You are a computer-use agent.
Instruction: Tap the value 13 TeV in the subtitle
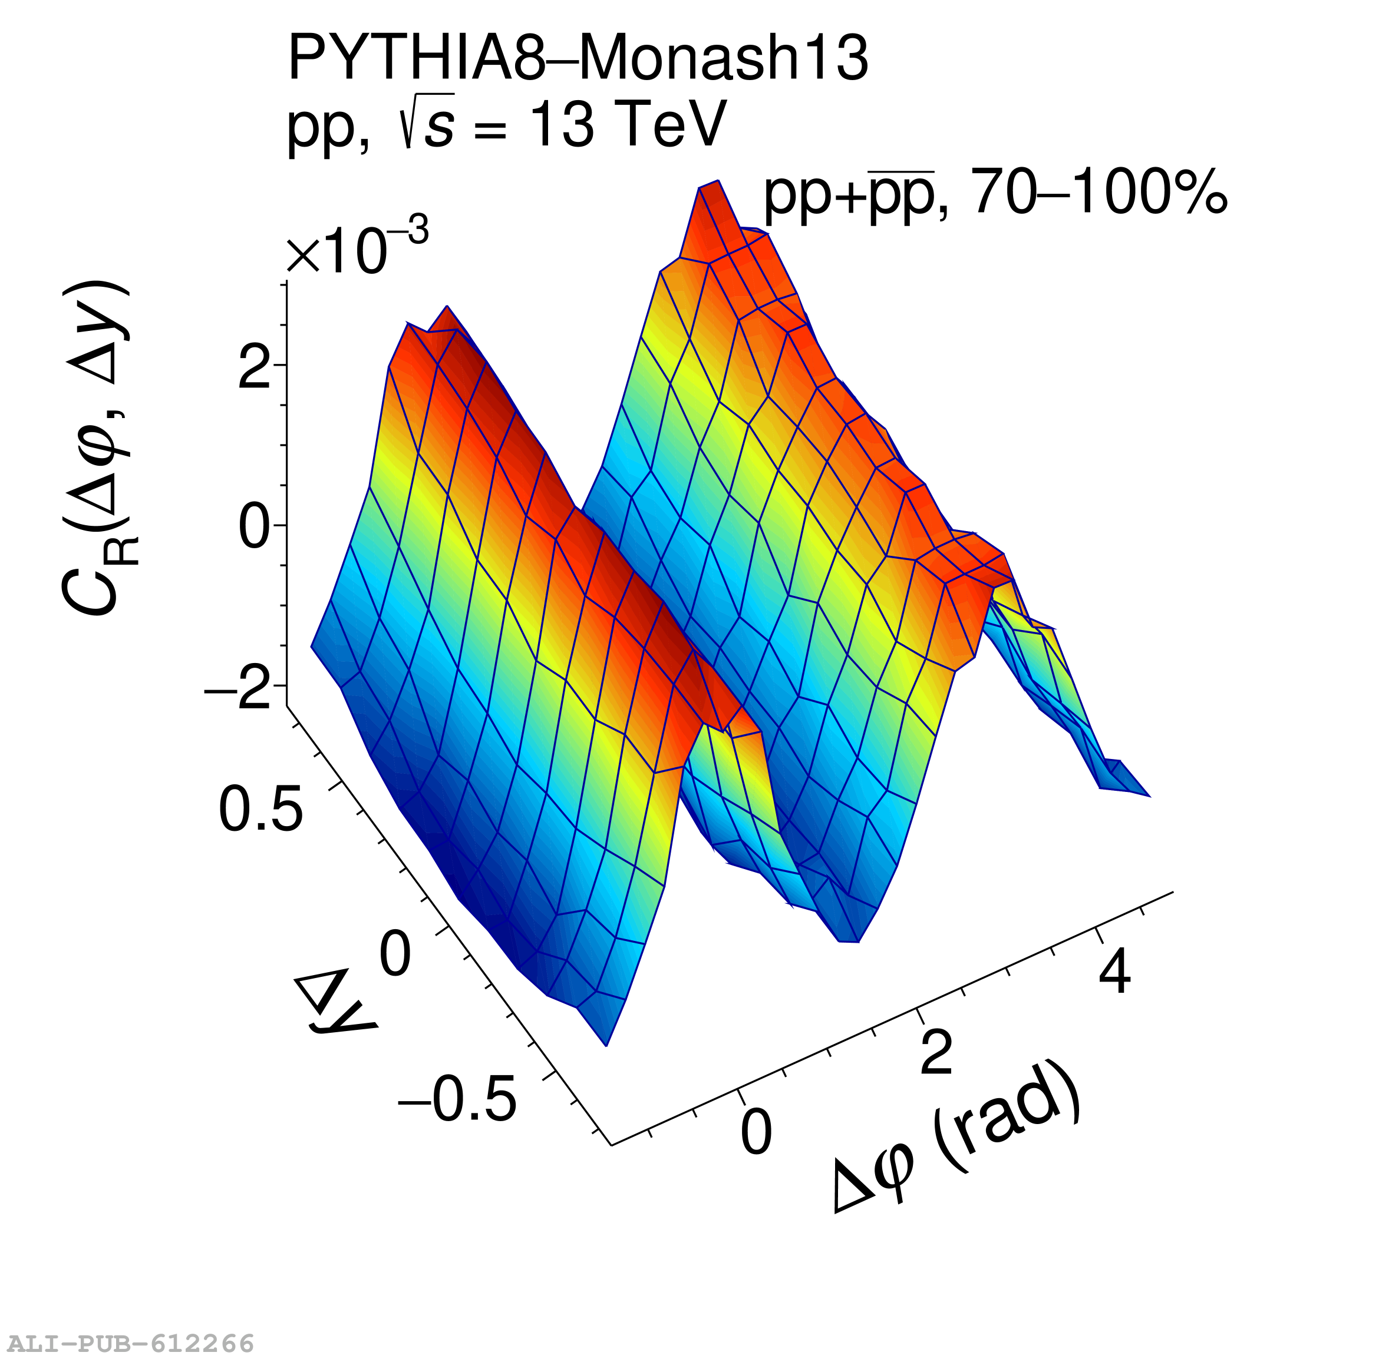[x=628, y=125]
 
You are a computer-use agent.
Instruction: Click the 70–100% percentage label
[x=1099, y=194]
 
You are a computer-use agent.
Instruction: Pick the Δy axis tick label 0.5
[x=260, y=811]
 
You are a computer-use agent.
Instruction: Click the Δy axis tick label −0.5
[x=457, y=1099]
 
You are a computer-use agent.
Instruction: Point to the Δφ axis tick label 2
[x=936, y=1053]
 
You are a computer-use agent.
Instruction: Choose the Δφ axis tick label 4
[x=1115, y=972]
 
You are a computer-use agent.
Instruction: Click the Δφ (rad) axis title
[x=957, y=1142]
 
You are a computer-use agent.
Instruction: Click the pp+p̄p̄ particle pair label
[x=849, y=194]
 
